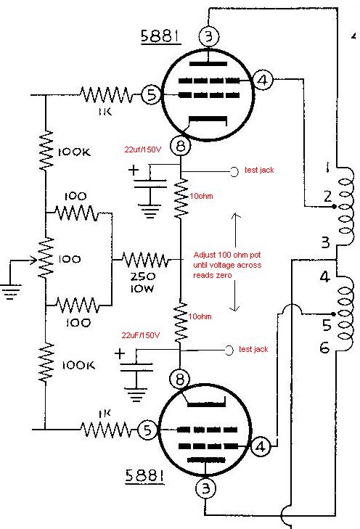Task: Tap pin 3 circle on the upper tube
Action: (209, 35)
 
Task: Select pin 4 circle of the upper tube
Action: (264, 81)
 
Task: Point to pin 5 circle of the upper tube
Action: (151, 94)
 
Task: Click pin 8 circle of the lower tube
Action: (179, 378)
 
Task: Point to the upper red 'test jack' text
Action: (260, 171)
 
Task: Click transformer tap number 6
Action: (324, 348)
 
